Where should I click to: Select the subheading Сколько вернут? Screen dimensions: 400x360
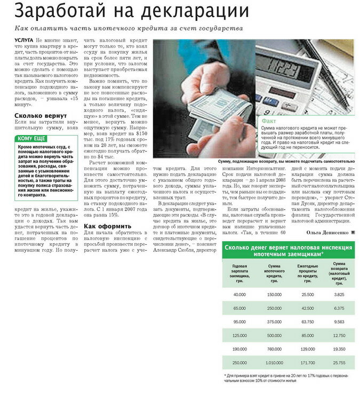41,116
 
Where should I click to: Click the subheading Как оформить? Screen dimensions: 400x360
107,226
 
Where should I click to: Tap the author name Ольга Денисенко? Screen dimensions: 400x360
327,233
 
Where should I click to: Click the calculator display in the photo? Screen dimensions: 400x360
285,70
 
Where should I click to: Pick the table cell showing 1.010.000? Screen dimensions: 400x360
274,363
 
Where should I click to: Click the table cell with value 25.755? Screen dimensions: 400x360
337,363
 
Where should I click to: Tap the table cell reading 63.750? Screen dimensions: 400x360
307,322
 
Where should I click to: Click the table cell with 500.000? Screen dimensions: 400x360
274,335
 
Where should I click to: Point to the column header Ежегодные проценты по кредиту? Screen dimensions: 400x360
307,272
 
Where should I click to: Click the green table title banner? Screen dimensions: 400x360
288,251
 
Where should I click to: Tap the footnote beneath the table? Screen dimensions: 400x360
288,379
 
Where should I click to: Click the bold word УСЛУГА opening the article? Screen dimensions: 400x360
24,41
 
